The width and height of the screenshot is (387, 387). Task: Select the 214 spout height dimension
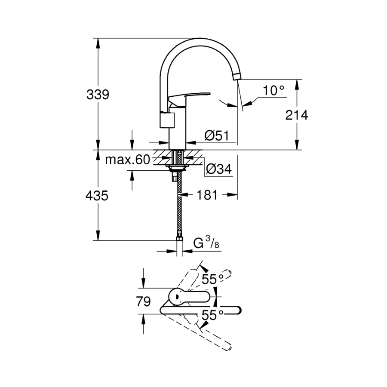pyautogui.click(x=297, y=115)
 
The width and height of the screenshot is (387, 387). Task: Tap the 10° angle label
pyautogui.click(x=274, y=91)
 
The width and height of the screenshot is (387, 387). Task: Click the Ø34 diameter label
pyautogui.click(x=218, y=169)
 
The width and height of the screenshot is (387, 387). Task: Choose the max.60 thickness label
pyautogui.click(x=127, y=160)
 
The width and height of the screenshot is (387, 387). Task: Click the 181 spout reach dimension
pyautogui.click(x=207, y=195)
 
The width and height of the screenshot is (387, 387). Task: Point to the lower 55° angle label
pyautogui.click(x=212, y=315)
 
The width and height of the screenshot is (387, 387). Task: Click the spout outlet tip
pyautogui.click(x=236, y=77)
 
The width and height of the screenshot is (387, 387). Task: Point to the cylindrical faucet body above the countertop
pyautogui.click(x=177, y=129)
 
